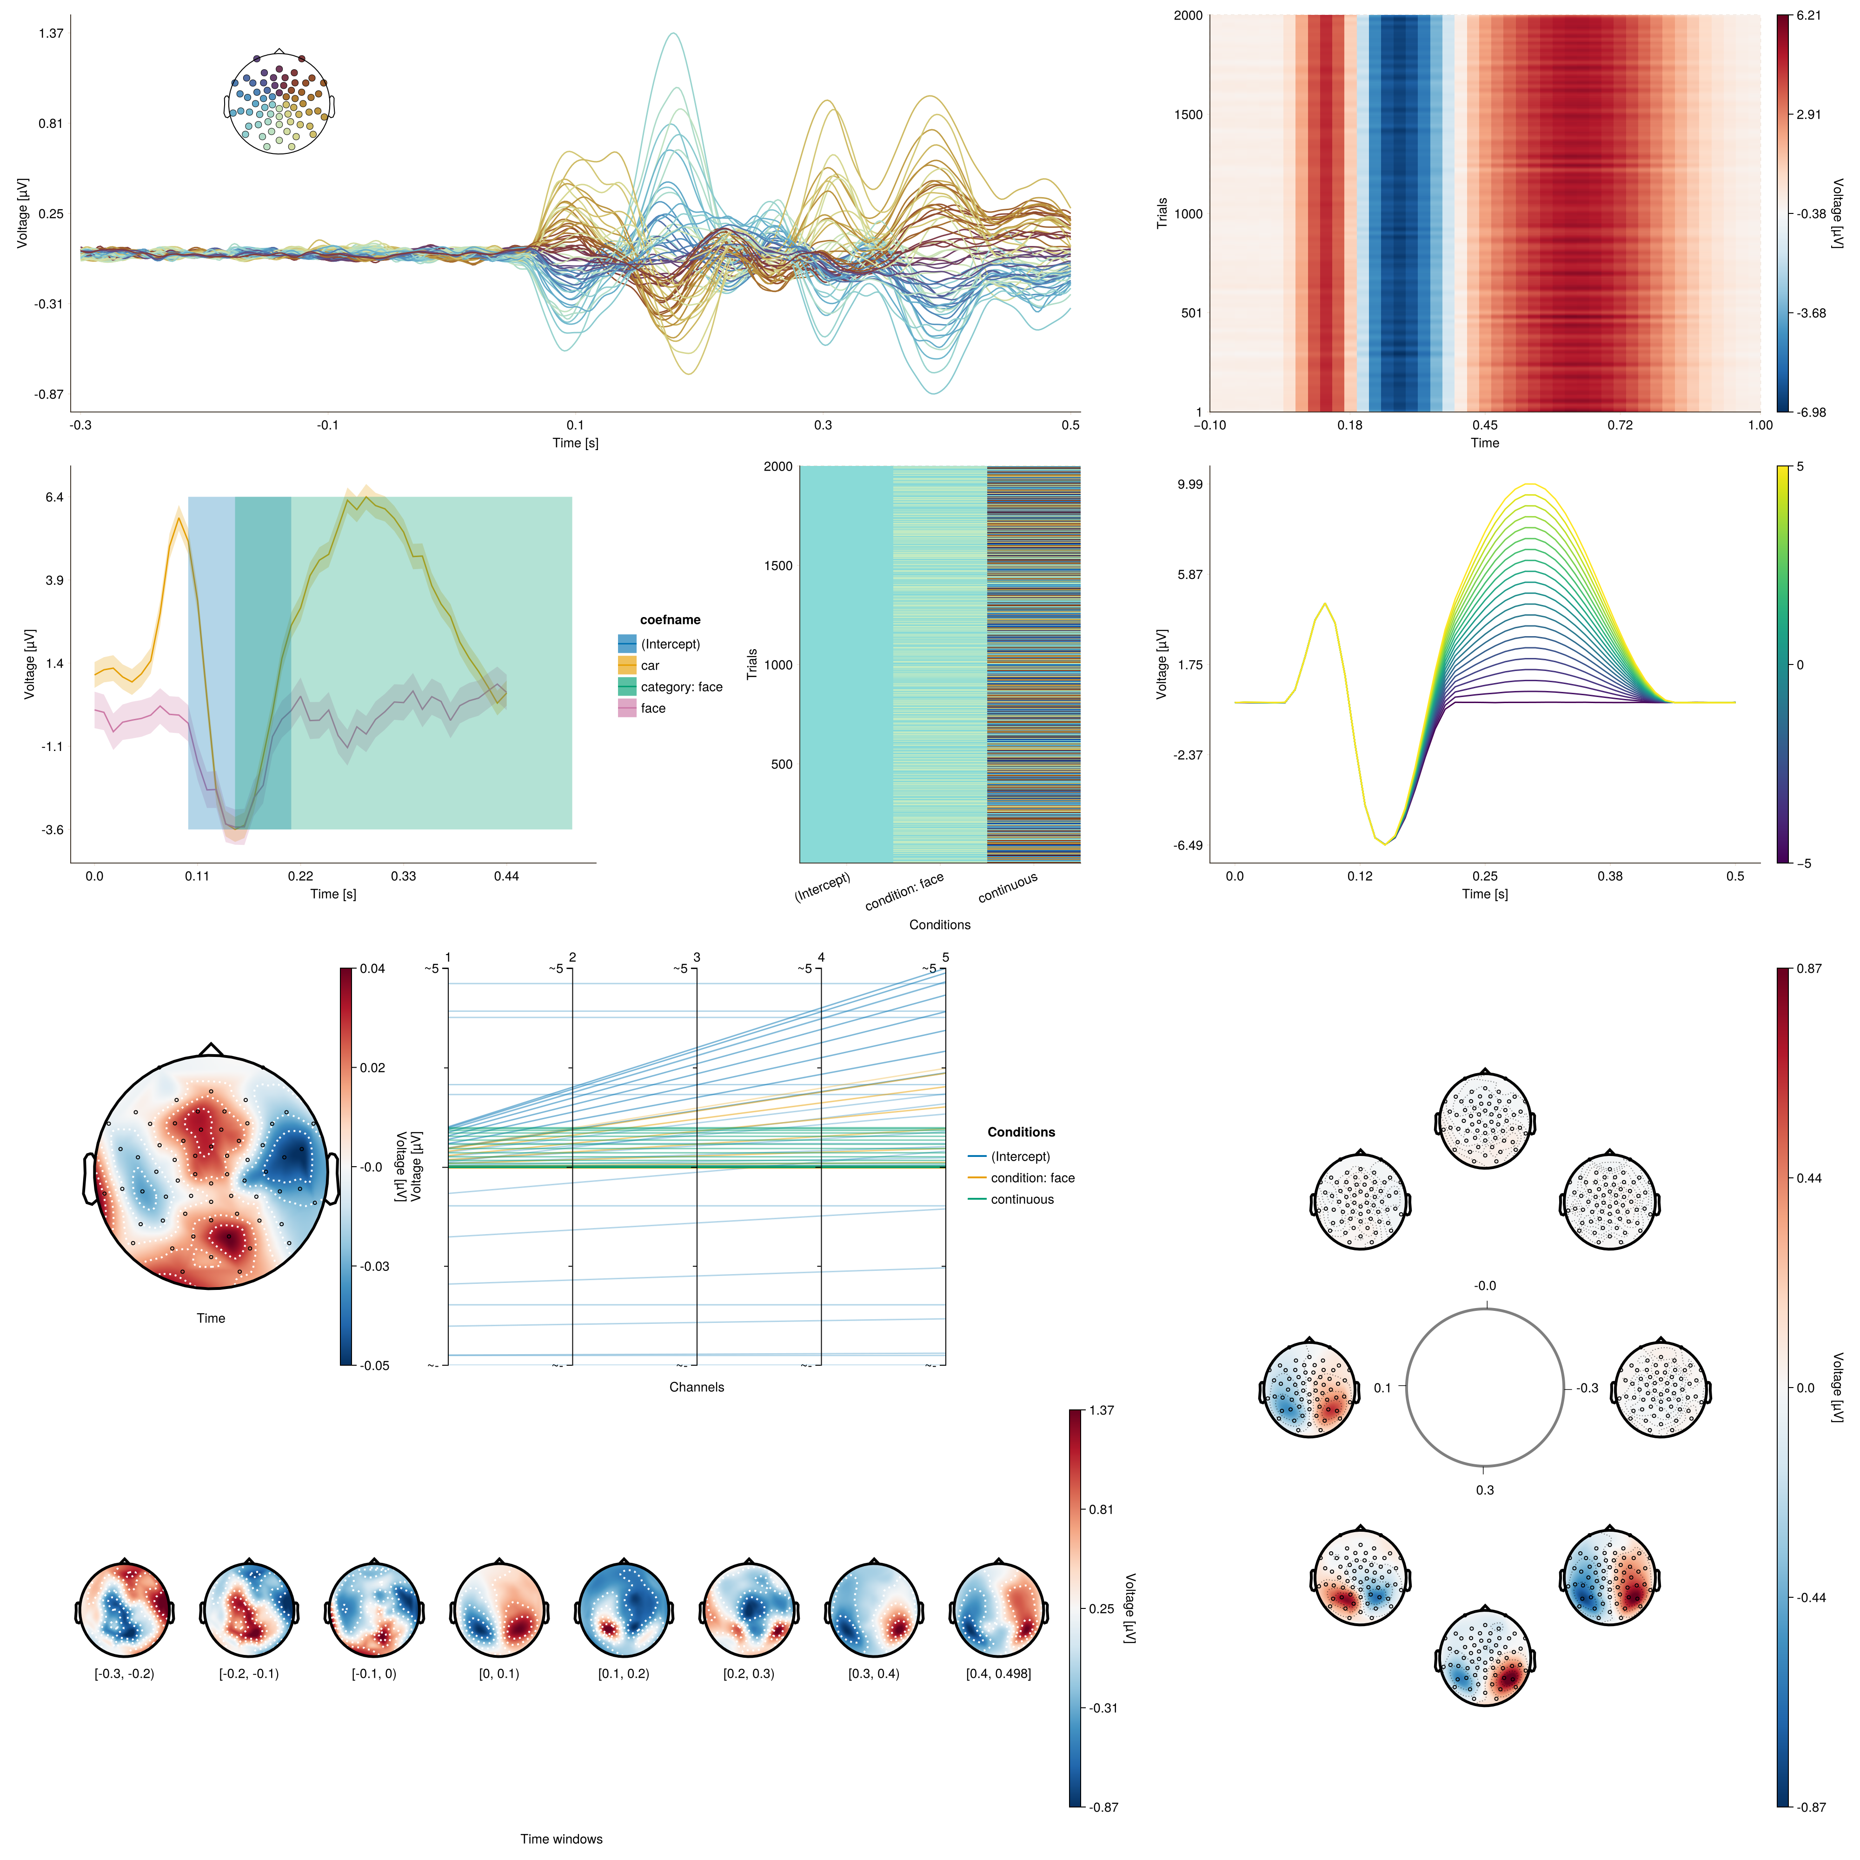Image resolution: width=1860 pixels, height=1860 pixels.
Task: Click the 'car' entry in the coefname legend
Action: tap(650, 665)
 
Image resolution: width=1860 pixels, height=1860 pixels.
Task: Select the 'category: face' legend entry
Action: tap(681, 686)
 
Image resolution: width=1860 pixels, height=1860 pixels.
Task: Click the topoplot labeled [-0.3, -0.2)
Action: tap(124, 1610)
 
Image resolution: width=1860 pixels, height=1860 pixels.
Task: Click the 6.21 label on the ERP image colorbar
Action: tap(1808, 15)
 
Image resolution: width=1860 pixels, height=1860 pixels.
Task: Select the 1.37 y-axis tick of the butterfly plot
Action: tap(51, 33)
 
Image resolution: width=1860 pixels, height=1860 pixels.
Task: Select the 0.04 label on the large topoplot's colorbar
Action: tap(372, 969)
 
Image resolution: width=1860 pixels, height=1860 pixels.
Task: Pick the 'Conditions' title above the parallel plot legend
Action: tap(1021, 1132)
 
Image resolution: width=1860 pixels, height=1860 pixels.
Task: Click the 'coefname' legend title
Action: tap(670, 620)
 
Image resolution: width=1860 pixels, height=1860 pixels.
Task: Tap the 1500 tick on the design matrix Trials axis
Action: tap(778, 566)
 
